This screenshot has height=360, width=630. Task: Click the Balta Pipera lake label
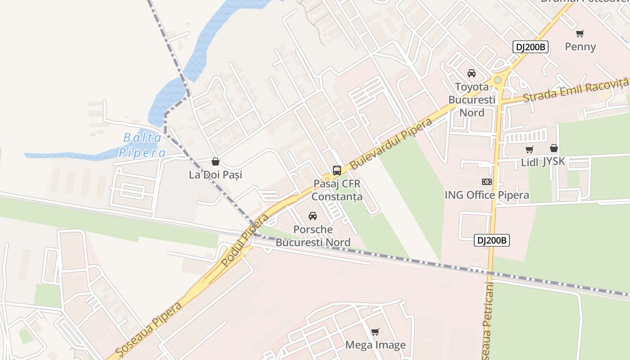point(142,145)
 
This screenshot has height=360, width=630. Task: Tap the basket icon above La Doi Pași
point(216,162)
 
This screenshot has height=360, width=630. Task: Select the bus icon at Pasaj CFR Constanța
point(337,171)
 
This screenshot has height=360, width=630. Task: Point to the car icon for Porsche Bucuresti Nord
point(313,216)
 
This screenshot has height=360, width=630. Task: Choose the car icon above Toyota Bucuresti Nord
point(472,73)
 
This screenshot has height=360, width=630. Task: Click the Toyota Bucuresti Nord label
point(472,99)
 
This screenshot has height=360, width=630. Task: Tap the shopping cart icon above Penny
point(580,33)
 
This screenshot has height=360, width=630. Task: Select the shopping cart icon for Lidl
point(530,149)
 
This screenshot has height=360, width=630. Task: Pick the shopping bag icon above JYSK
point(554,148)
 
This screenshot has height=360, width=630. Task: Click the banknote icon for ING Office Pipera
point(486,182)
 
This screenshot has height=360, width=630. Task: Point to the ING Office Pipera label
point(486,195)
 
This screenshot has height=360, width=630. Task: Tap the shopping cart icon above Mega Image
point(375,332)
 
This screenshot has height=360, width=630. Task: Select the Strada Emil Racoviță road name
point(576,90)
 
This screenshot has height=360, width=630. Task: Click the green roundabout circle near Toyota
point(498,80)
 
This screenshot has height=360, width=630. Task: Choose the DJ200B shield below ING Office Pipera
point(492,241)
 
